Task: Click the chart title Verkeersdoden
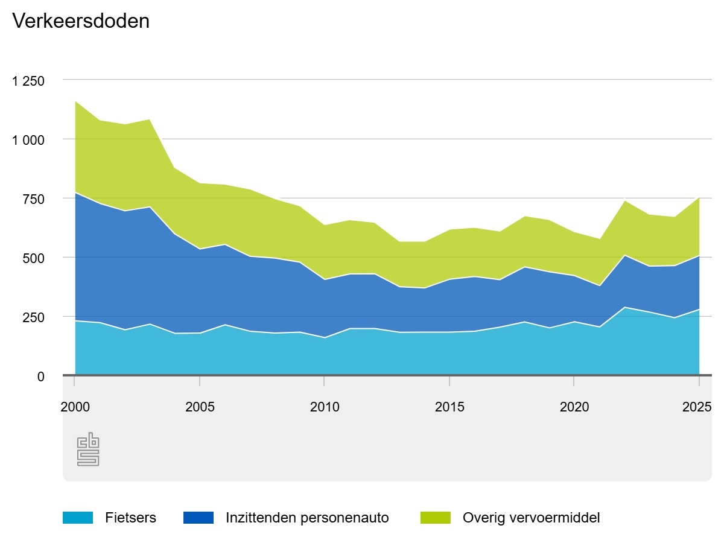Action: (x=81, y=21)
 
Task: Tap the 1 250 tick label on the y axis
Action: (x=28, y=81)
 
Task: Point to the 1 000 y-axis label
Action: (x=28, y=140)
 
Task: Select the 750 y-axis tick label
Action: (x=34, y=199)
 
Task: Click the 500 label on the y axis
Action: (x=34, y=258)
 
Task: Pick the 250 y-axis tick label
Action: (x=34, y=317)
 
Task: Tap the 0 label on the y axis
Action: (x=41, y=376)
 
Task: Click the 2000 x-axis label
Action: (x=75, y=407)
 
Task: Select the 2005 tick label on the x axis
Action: (x=200, y=407)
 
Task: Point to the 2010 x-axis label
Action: (x=325, y=407)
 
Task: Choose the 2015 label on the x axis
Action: (x=449, y=407)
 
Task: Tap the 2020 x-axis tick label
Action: (x=574, y=407)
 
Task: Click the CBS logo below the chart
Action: (x=88, y=449)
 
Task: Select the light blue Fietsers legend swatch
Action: (x=78, y=518)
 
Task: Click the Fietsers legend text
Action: (x=130, y=518)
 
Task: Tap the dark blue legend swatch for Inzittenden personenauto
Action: (x=198, y=518)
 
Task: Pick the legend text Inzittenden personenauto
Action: (x=307, y=518)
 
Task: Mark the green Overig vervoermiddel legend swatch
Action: (x=435, y=518)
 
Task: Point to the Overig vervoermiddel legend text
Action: (x=531, y=518)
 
